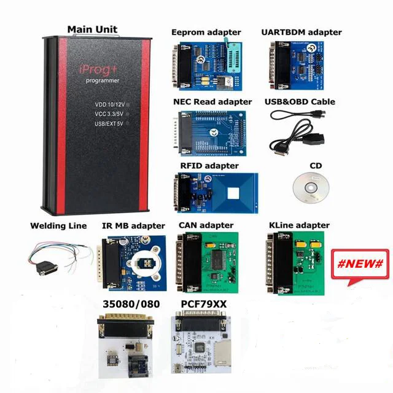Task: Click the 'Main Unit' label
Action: tap(92, 29)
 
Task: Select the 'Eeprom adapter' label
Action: tap(206, 32)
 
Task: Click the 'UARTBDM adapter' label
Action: tap(302, 32)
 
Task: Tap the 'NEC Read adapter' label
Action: tap(212, 101)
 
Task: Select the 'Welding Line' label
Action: tap(58, 226)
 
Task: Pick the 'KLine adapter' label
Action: tap(299, 226)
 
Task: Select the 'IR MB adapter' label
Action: tap(133, 226)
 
